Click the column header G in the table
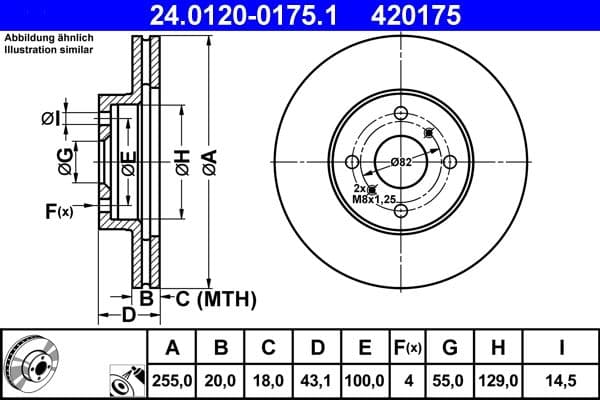450,348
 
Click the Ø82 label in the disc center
401,162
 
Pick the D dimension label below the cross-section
128,316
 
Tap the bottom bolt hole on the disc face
401,209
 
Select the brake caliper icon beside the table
127,379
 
